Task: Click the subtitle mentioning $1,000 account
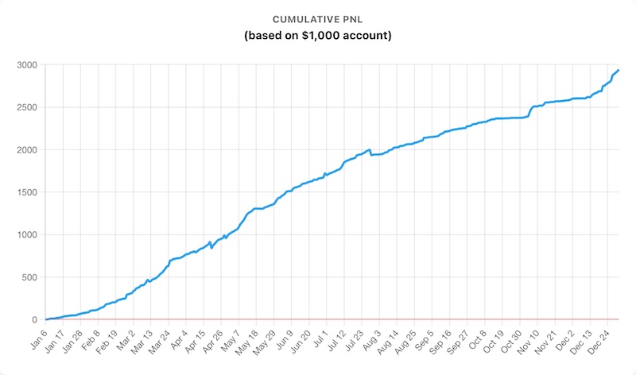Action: pyautogui.click(x=318, y=36)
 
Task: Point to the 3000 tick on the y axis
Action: pyautogui.click(x=26, y=64)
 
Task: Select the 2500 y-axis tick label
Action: pyautogui.click(x=26, y=107)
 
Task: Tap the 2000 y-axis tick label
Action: pyautogui.click(x=26, y=149)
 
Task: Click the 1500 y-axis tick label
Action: pyautogui.click(x=26, y=192)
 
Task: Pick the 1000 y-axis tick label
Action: pyautogui.click(x=26, y=235)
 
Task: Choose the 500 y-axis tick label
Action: pyautogui.click(x=29, y=277)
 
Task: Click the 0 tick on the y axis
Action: pyautogui.click(x=35, y=320)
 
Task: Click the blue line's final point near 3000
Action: pyautogui.click(x=619, y=70)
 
